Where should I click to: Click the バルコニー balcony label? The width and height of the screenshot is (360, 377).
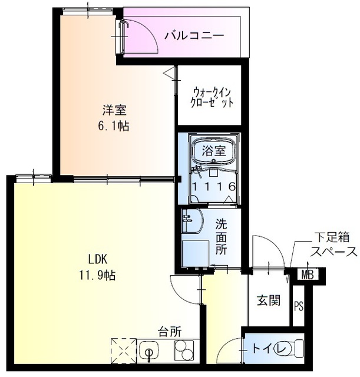pyautogui.click(x=194, y=35)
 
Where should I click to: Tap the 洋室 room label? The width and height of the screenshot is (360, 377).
pyautogui.click(x=115, y=110)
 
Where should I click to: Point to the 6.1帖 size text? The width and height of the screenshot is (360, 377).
pyautogui.click(x=115, y=125)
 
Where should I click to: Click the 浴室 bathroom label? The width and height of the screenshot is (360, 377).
pyautogui.click(x=214, y=150)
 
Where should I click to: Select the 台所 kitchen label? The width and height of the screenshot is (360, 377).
pyautogui.click(x=169, y=332)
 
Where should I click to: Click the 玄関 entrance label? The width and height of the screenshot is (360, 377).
pyautogui.click(x=268, y=301)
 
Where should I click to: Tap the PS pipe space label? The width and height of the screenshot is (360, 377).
pyautogui.click(x=299, y=305)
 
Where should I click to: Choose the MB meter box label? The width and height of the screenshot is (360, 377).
pyautogui.click(x=306, y=274)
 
